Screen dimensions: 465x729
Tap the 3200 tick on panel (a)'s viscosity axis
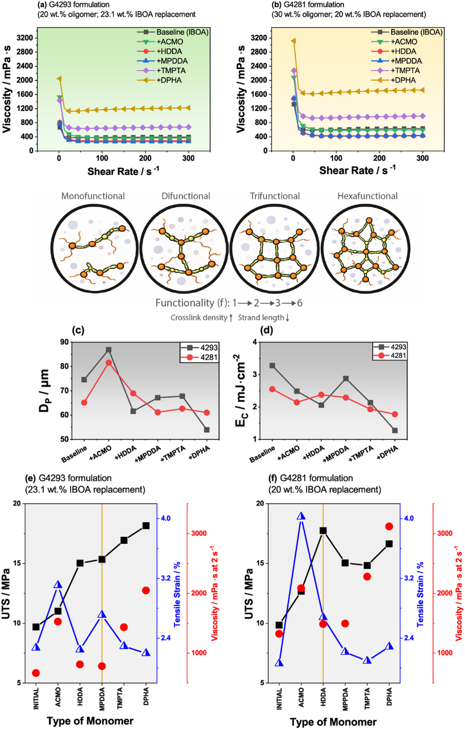tap(25, 38)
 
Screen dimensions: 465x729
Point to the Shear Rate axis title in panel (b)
tap(357, 170)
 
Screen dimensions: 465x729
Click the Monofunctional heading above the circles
tap(93, 196)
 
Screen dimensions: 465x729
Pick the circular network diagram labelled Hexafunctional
tap(366, 249)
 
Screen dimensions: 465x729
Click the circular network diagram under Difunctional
tap(185, 249)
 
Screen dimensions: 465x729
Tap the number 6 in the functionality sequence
tap(299, 303)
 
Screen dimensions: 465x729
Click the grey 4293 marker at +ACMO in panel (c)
tap(109, 349)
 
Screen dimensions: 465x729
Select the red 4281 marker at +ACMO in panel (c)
tap(109, 362)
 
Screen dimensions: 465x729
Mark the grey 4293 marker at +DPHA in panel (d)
tap(395, 430)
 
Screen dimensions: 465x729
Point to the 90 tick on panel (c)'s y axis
tap(64, 342)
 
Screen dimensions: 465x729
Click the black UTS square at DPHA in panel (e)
tap(146, 526)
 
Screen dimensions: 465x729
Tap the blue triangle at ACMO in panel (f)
tap(301, 516)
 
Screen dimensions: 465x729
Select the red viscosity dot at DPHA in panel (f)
tap(389, 526)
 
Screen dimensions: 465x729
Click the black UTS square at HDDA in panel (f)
tap(323, 530)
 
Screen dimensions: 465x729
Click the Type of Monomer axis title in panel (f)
tap(333, 721)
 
